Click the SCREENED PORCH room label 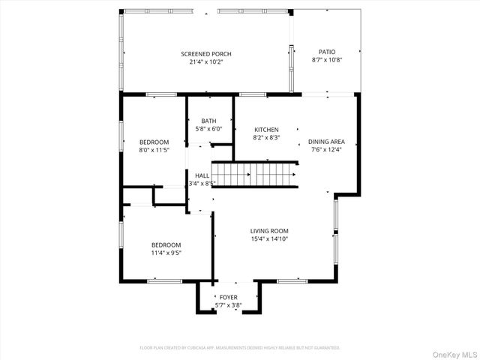coord(206,54)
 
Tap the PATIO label coord(327,52)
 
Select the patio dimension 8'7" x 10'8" coord(327,61)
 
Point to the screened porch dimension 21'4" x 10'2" coord(206,62)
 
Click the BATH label coord(208,121)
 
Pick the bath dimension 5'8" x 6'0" coord(208,129)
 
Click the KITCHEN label coord(266,130)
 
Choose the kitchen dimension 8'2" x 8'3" coord(266,138)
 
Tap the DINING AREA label coord(326,142)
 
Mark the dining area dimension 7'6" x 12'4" coord(326,150)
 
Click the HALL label coord(202,175)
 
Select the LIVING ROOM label coord(270,231)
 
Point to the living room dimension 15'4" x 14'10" coord(270,239)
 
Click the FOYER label coord(229,298)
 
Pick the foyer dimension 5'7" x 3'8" coord(229,305)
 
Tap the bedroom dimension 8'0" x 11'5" coord(154,150)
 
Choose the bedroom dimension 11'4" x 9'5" coord(166,253)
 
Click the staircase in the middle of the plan coord(255,175)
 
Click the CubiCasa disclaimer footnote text coord(240,347)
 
